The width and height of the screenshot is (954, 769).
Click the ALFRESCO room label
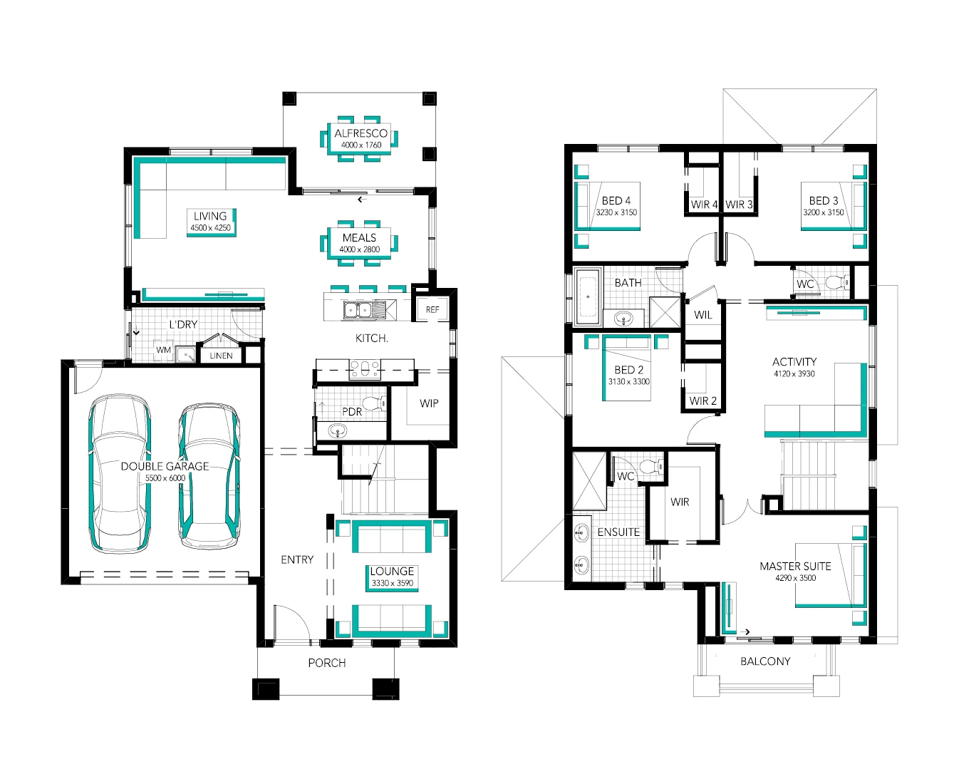pos(361,133)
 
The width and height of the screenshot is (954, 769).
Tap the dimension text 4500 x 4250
pos(210,228)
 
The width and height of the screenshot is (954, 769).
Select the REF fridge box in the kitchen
pos(432,309)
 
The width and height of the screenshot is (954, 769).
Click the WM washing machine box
pos(164,350)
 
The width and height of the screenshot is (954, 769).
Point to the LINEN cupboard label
pos(221,356)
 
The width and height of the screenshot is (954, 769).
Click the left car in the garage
pos(120,474)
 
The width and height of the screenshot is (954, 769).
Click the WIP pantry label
pos(429,403)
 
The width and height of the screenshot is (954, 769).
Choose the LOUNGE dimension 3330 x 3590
pos(393,583)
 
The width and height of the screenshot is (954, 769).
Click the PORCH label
pos(327,663)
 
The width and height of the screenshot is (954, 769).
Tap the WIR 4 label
pos(704,205)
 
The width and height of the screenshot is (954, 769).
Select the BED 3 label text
pos(824,201)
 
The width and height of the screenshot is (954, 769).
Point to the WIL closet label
pos(703,315)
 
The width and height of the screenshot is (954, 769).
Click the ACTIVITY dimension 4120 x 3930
pos(794,373)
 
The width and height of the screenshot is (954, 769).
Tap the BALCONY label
pos(765,661)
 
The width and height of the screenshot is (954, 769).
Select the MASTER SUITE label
pos(795,566)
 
